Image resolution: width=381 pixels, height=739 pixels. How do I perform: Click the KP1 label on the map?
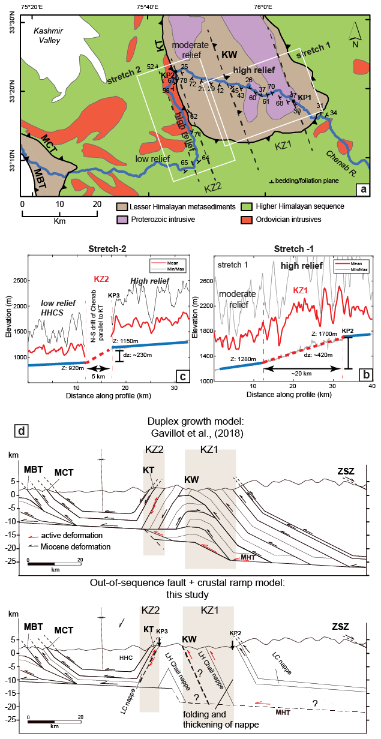[x=304, y=97]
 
